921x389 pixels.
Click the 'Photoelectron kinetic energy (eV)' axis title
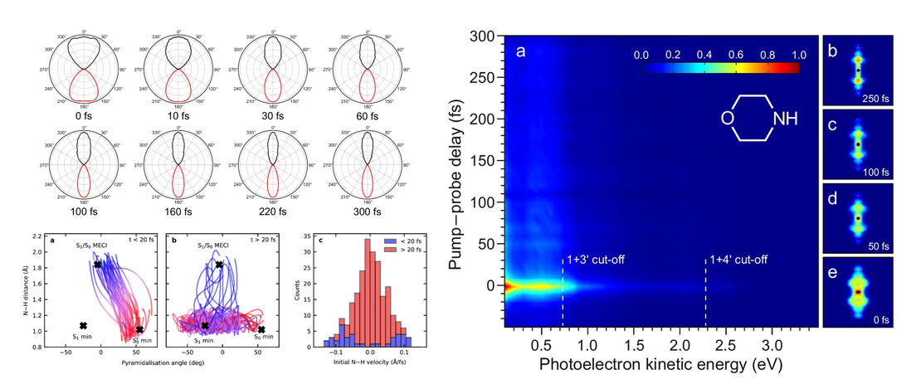tap(660, 364)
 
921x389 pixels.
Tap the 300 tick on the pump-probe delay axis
tap(489, 36)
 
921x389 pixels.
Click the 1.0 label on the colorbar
tap(798, 56)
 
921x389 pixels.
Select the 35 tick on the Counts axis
tap(310, 237)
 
